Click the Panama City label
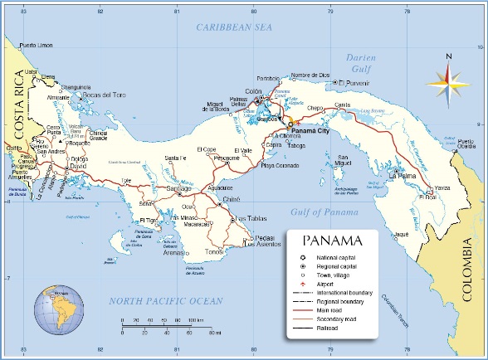click(x=311, y=130)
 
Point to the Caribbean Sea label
click(x=234, y=27)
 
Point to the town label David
click(x=79, y=167)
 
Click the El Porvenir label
click(x=354, y=83)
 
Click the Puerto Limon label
click(x=37, y=45)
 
